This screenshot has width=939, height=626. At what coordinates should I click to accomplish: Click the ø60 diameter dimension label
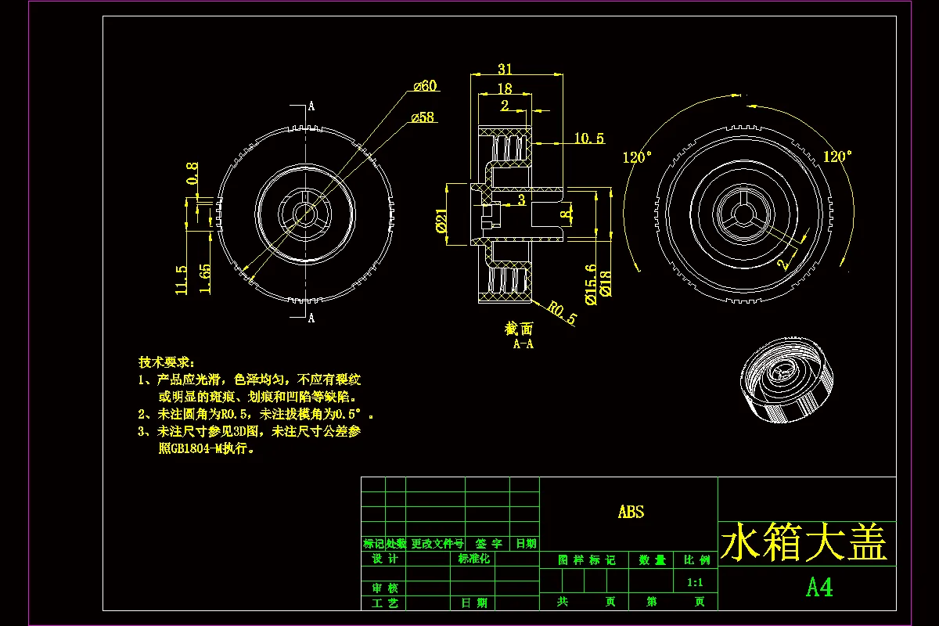coord(424,86)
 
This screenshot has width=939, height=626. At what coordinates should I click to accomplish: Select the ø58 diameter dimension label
coord(422,117)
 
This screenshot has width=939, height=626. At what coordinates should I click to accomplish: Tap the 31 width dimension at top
coord(504,70)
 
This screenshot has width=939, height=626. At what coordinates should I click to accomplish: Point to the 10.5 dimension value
coord(588,139)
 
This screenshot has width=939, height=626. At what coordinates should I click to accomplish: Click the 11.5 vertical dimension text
coord(182,279)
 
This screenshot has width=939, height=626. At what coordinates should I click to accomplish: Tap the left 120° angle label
coord(637,157)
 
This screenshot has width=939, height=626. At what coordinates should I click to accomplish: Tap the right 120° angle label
coord(837,156)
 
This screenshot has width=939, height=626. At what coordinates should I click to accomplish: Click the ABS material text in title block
coord(631,512)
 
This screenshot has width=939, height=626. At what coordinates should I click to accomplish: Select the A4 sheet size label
coord(818,588)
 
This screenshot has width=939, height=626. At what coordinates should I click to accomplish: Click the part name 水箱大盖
coord(804,542)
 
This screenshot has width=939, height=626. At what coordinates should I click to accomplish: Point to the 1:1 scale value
coord(694,582)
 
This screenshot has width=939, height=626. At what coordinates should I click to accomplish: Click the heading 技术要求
coord(166,362)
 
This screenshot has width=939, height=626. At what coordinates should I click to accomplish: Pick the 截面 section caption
coord(518,329)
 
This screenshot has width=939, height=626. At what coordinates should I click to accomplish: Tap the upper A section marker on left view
coord(311,106)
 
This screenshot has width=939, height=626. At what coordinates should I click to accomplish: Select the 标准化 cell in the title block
coord(473,559)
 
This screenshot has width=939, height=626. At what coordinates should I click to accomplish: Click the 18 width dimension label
coord(504,89)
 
